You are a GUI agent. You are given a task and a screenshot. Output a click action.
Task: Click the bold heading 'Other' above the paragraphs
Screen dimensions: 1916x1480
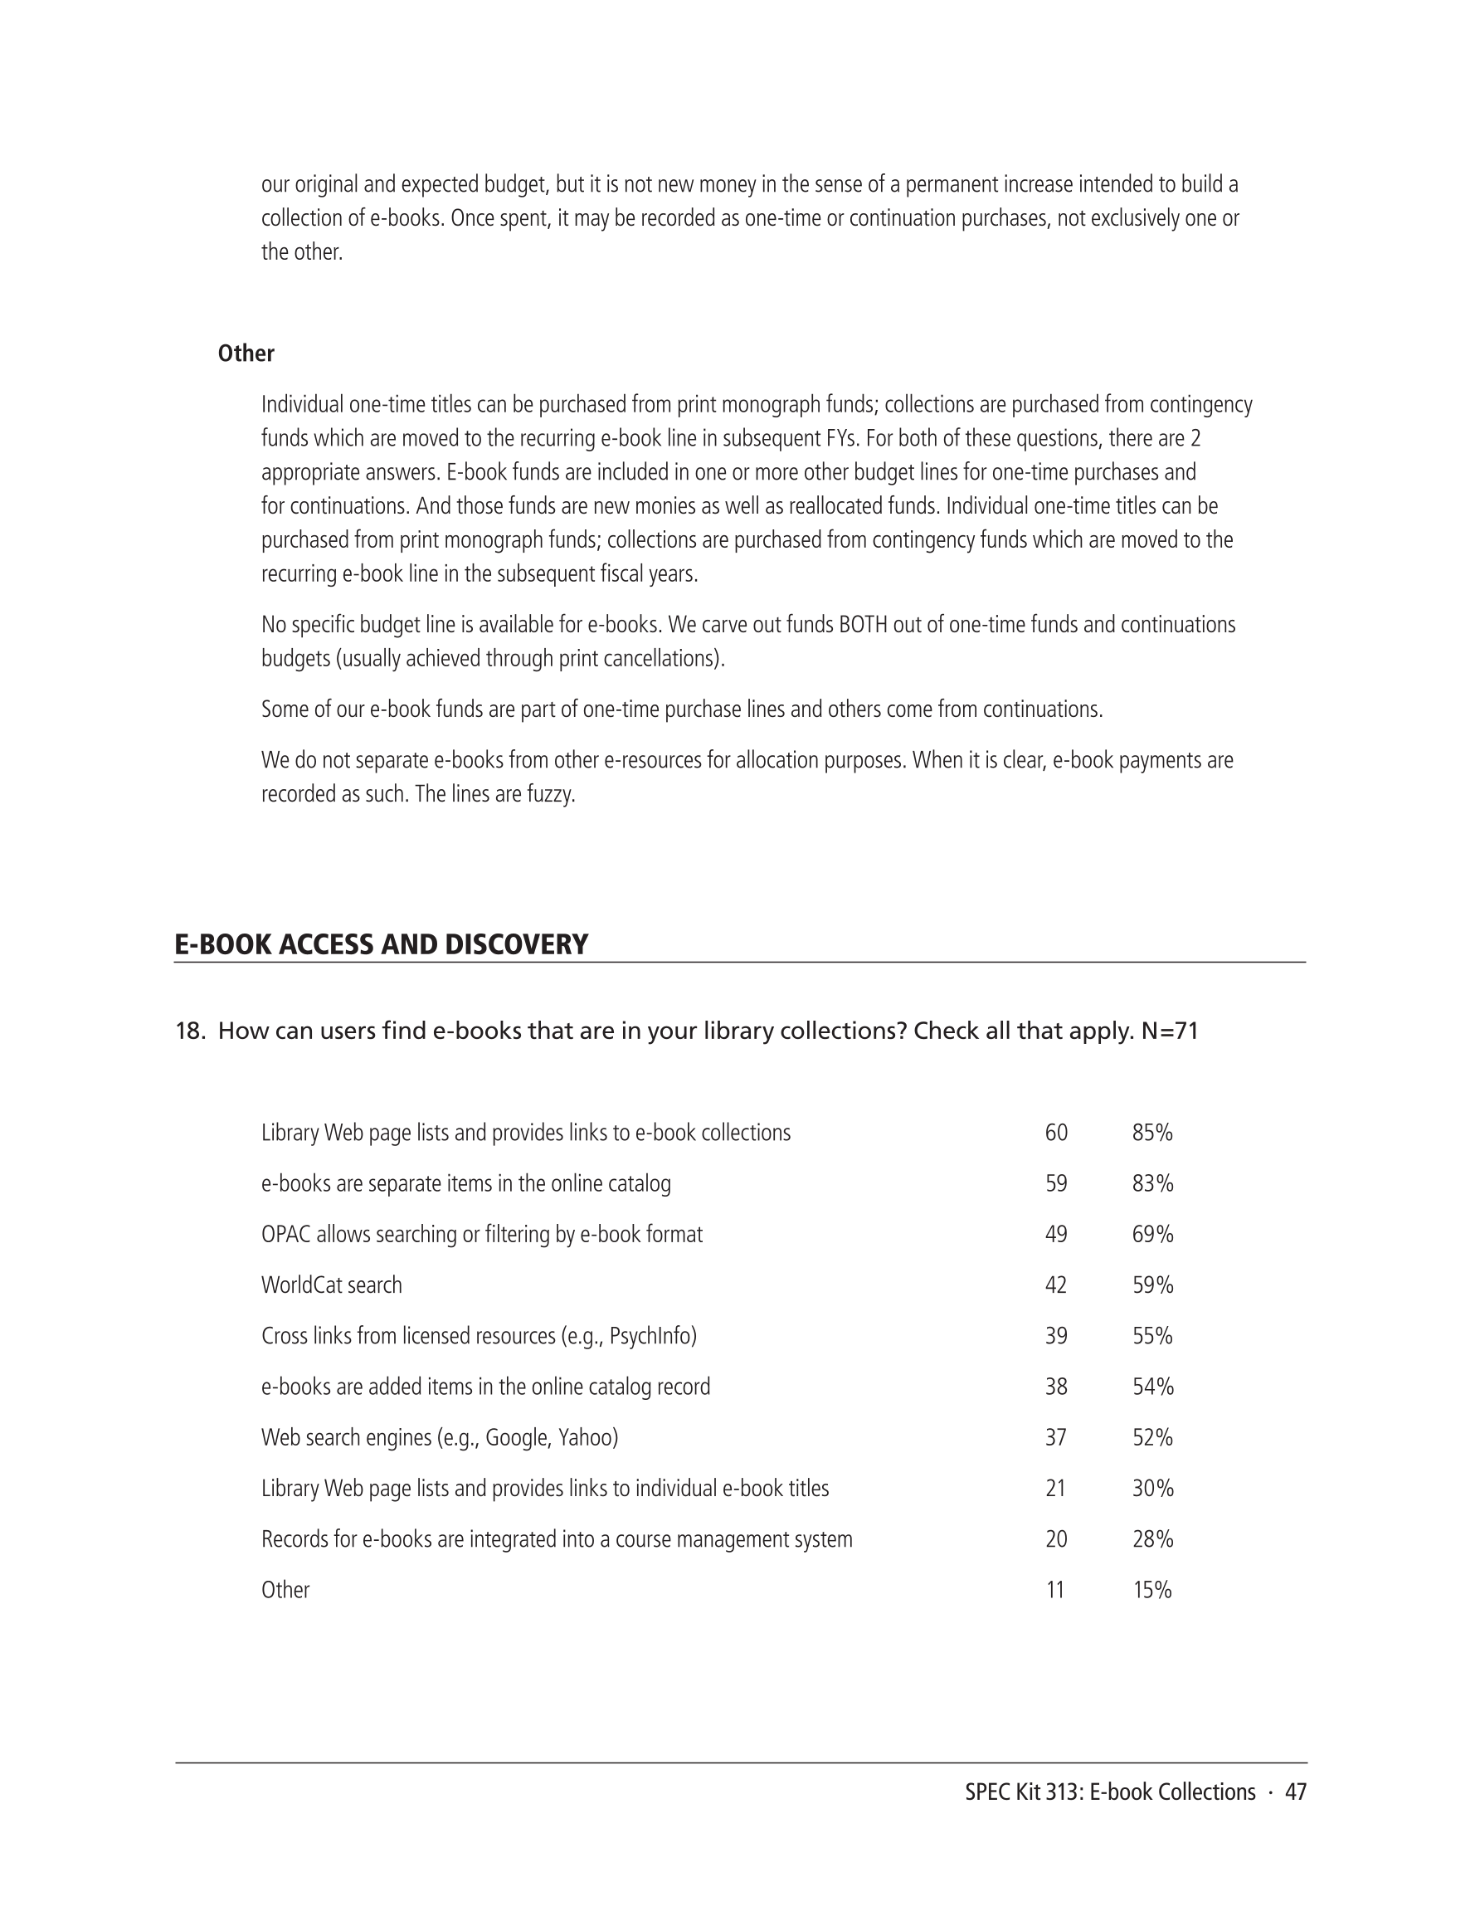coord(246,353)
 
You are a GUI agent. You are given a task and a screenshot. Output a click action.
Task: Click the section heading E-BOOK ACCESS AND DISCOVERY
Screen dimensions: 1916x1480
coord(381,944)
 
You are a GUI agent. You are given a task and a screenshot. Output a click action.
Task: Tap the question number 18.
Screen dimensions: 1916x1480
coord(188,1031)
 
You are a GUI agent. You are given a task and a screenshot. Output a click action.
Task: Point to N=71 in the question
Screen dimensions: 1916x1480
coord(1170,1031)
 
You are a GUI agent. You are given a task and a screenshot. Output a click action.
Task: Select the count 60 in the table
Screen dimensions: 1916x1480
coord(1056,1133)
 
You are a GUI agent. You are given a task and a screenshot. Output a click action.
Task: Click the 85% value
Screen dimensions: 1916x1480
coord(1151,1133)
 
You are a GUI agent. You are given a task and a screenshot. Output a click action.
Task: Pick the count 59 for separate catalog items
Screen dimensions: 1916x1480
coord(1056,1183)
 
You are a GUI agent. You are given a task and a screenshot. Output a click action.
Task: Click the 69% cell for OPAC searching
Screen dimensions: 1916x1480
coord(1151,1235)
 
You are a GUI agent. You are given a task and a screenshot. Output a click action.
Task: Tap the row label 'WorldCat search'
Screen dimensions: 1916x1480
coord(332,1285)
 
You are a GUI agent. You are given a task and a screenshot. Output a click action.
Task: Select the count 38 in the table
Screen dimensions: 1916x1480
coord(1056,1387)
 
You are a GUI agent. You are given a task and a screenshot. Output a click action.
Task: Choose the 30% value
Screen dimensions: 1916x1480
coord(1151,1489)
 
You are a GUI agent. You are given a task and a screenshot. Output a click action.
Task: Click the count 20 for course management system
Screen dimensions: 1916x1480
coord(1056,1539)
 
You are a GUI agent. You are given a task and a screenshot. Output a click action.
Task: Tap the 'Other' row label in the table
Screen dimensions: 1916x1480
coord(285,1591)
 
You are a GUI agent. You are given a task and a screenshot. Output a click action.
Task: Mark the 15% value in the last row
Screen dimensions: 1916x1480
coord(1151,1591)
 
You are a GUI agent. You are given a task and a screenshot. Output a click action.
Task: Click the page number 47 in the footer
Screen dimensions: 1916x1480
coord(1296,1792)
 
